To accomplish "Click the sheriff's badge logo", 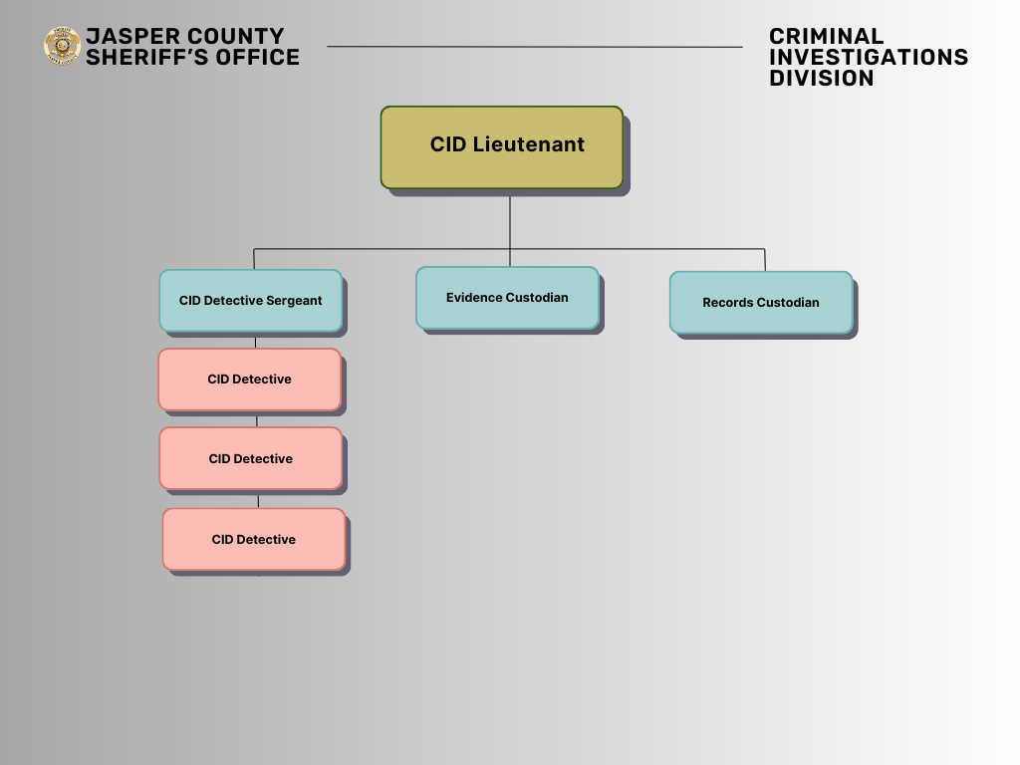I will pos(62,46).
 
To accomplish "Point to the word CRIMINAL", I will pos(826,37).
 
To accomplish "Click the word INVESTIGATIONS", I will pos(869,58).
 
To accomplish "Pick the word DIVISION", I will pos(821,79).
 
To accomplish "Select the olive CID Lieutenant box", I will pos(501,146).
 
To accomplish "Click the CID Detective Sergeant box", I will pos(250,300).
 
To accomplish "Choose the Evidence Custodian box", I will pos(507,297).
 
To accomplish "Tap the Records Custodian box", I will pos(760,302).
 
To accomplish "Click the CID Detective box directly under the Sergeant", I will pos(249,379).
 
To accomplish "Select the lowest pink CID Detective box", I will pos(253,539).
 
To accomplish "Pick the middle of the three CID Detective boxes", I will pos(250,458).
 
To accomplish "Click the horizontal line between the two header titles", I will pos(534,46).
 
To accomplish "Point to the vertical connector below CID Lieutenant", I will pos(510,219).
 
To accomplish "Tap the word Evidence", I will pos(474,297).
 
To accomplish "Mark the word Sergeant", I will pos(294,300).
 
